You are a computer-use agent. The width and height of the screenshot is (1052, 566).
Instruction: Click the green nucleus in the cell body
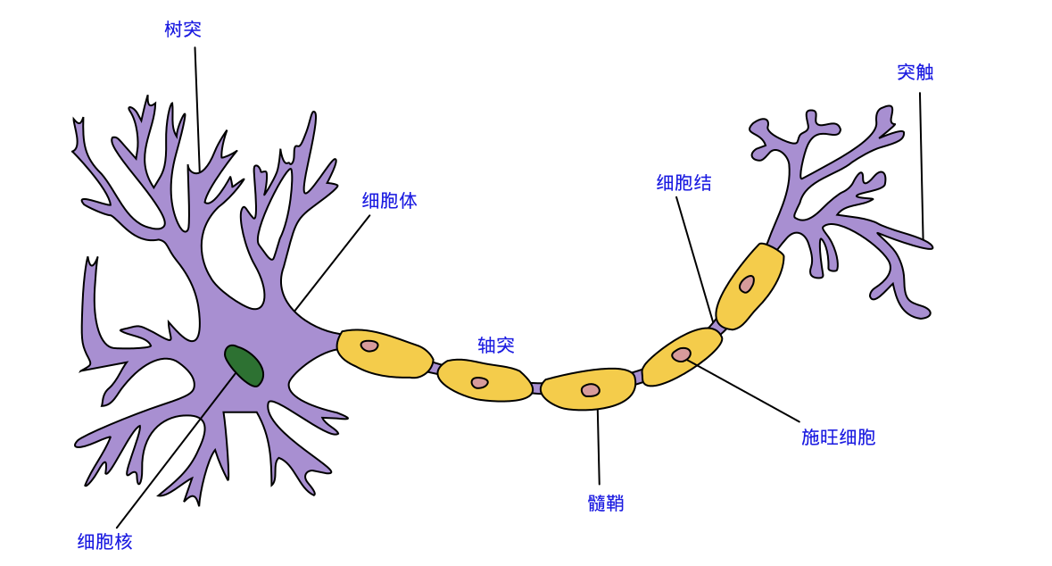(x=244, y=365)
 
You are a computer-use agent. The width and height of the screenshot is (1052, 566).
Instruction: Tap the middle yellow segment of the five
(x=588, y=389)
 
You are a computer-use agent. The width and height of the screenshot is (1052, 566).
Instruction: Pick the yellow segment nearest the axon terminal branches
(x=750, y=286)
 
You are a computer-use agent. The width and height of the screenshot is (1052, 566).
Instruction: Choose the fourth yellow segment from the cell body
(x=681, y=356)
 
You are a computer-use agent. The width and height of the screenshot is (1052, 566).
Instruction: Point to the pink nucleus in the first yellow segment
(x=369, y=345)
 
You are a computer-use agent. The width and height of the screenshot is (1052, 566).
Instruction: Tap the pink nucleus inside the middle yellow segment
(x=590, y=390)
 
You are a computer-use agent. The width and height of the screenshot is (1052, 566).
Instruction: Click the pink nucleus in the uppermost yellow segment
(x=747, y=284)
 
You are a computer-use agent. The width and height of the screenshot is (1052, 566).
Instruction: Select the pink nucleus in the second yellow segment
(x=479, y=383)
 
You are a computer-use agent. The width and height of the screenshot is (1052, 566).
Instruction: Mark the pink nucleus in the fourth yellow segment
(x=681, y=354)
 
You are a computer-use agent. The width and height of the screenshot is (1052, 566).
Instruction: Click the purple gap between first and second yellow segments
(x=435, y=368)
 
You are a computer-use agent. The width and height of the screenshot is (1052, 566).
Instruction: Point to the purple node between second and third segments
(x=536, y=388)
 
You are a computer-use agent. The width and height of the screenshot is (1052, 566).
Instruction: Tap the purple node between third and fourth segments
(x=638, y=377)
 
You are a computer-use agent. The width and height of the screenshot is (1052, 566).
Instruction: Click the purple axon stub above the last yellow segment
(x=777, y=236)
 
